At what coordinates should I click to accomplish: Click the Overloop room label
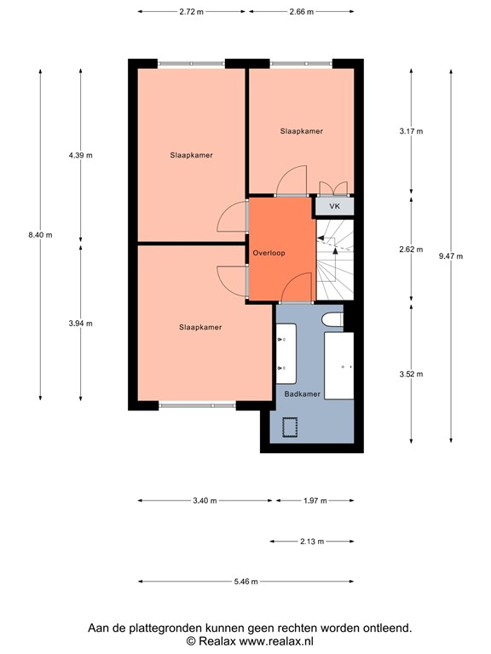269,254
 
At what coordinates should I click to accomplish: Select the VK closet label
334,206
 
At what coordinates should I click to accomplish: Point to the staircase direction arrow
337,248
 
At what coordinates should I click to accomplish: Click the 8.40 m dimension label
40,235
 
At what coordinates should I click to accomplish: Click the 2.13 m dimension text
312,541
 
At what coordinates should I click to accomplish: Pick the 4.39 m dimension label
81,156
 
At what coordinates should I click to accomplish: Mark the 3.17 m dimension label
411,131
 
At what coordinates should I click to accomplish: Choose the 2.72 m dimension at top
192,13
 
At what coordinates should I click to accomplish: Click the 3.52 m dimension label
411,373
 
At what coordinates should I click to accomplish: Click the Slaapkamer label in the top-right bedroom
302,131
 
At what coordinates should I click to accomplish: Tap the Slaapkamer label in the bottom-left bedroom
200,327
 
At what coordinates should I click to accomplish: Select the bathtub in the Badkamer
339,365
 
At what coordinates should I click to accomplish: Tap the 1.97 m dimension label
315,500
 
